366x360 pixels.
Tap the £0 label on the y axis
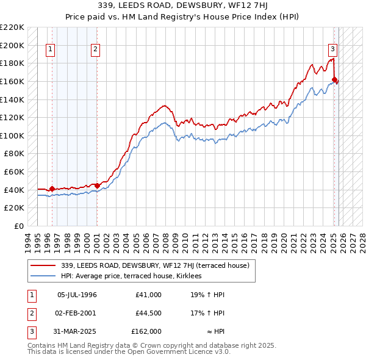(x=18, y=226)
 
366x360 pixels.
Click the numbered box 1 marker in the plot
(x=50, y=50)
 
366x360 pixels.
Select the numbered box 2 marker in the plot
(x=96, y=50)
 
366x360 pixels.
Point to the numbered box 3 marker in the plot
(x=332, y=50)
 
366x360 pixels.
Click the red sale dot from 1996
(x=52, y=189)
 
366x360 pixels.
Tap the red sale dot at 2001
(x=97, y=185)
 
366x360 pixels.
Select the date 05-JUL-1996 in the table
(x=77, y=295)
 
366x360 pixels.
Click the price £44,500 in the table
(x=149, y=313)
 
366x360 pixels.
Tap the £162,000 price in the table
(x=146, y=331)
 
